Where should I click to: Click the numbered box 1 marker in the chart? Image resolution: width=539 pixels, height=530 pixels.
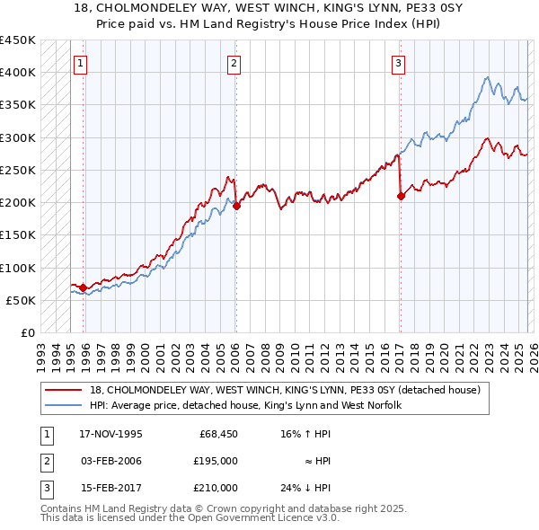click(x=82, y=63)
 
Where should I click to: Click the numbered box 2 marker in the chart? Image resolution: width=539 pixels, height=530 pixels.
click(x=234, y=63)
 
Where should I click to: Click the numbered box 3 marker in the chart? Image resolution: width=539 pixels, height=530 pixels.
click(x=398, y=63)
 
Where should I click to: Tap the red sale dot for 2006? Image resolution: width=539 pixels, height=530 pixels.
click(x=236, y=206)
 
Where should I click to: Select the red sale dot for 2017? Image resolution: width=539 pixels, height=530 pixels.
click(x=401, y=197)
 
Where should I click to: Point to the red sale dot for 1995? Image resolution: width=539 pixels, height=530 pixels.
click(x=83, y=288)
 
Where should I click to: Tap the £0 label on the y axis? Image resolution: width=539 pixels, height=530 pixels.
click(x=26, y=333)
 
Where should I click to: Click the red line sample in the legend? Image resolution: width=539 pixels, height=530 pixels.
click(x=65, y=390)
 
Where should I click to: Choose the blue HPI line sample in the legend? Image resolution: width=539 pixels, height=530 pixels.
click(x=65, y=405)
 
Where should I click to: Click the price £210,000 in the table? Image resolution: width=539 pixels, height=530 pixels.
click(x=216, y=488)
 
